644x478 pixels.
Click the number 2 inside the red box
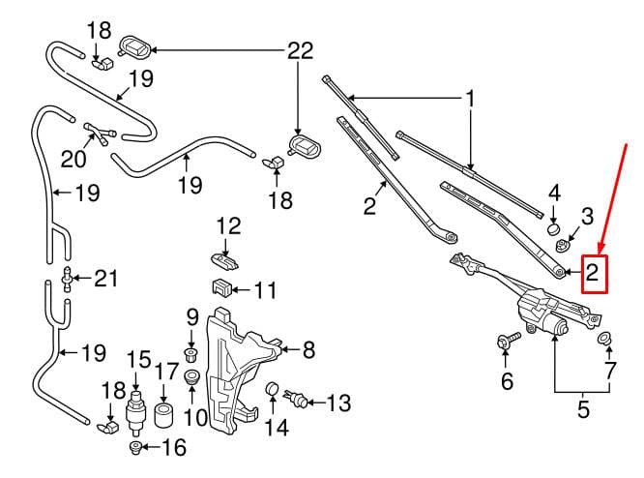point(592,273)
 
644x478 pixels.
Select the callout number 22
point(300,50)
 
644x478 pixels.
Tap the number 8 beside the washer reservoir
point(308,349)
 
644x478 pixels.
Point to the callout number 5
point(583,408)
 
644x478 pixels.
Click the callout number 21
point(106,279)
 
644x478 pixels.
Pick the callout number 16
point(174,447)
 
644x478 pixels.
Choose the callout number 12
point(229,226)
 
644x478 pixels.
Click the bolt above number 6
point(508,342)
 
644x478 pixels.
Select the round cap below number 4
point(554,228)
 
